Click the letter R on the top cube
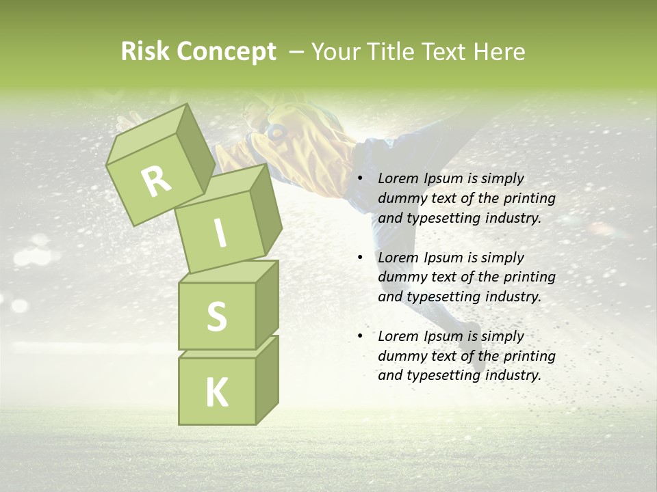(157, 181)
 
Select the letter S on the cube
(216, 316)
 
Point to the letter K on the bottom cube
(216, 393)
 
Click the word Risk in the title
(146, 52)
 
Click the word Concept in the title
(227, 52)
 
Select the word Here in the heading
(500, 52)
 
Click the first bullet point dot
(361, 178)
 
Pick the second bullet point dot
(361, 258)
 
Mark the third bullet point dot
(361, 336)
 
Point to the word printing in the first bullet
(529, 198)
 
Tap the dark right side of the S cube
(267, 304)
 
